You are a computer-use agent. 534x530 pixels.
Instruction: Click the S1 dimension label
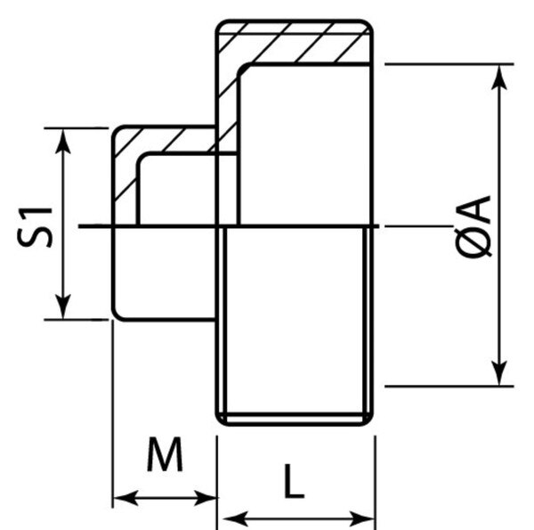coord(38,224)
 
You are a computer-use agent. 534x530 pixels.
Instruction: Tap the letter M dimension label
coord(165,456)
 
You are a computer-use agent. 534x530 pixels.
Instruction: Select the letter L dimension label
coord(294,483)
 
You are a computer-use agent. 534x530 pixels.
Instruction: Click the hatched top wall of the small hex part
coord(165,140)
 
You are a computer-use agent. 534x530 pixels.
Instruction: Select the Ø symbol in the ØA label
coord(478,246)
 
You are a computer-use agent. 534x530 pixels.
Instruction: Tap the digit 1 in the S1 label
coord(38,211)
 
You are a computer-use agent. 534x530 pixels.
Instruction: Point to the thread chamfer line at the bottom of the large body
coord(295,414)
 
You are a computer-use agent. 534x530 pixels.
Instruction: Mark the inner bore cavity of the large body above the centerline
coord(303,143)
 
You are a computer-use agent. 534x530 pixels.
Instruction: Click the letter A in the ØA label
coord(478,211)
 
